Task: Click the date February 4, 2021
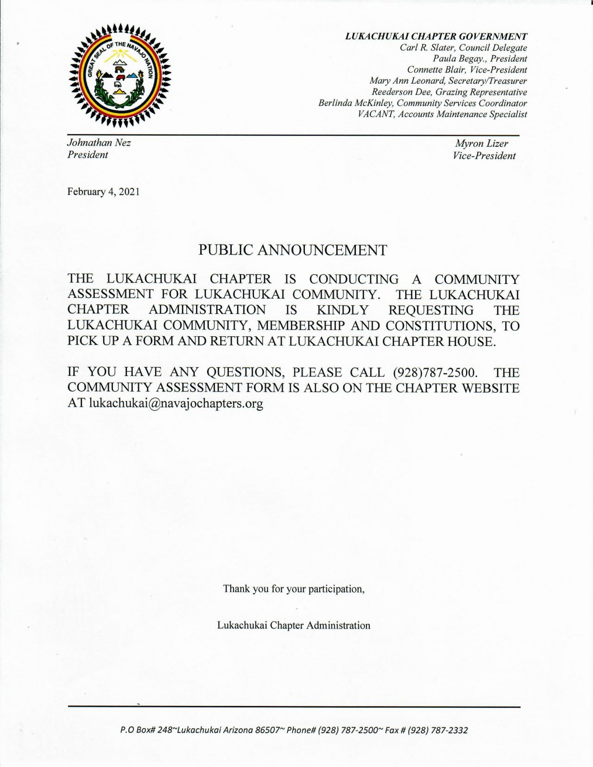tap(103, 192)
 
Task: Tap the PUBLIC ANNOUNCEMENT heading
tap(292, 250)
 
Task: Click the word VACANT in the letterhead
tap(376, 114)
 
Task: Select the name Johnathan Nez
tap(99, 143)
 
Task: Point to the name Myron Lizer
tap(481, 144)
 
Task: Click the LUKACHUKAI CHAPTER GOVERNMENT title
tap(436, 37)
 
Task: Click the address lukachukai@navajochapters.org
tap(176, 403)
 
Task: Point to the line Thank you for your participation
tap(294, 589)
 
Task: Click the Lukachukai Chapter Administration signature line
tap(294, 626)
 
